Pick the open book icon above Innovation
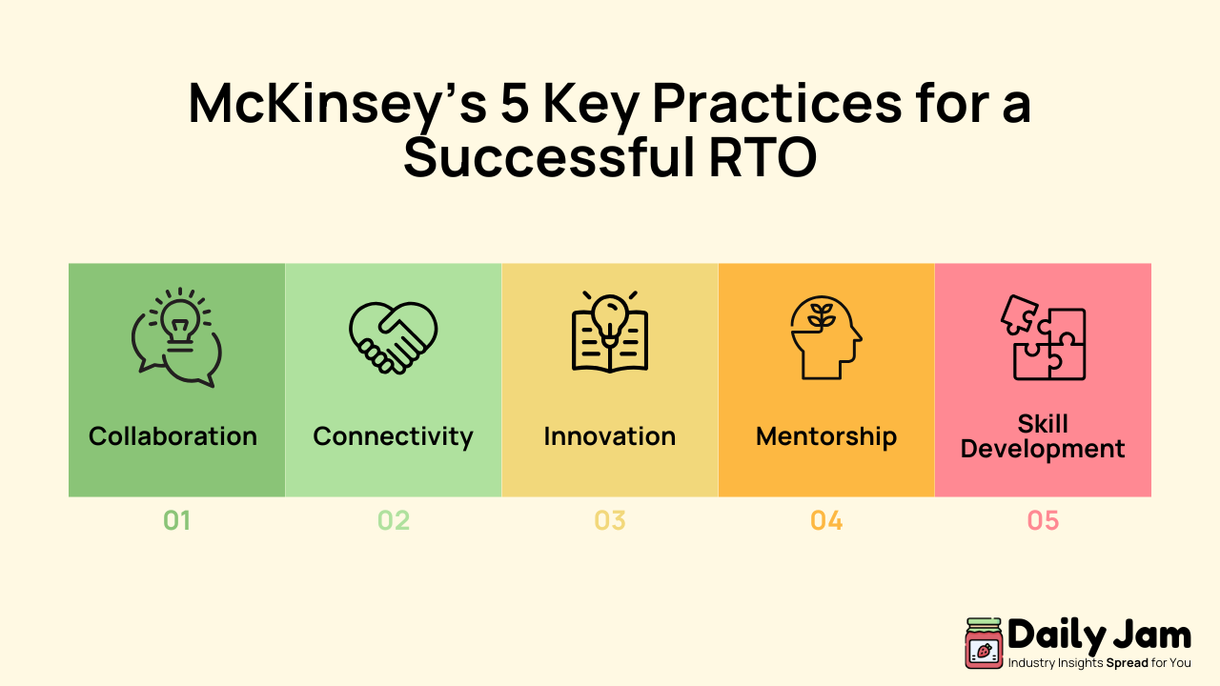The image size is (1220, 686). click(x=610, y=333)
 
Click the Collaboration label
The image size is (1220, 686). click(x=173, y=436)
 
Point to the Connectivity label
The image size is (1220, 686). click(x=393, y=436)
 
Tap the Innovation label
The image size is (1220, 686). click(x=610, y=436)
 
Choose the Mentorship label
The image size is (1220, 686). click(x=826, y=436)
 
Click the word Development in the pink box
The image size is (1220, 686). click(x=1043, y=449)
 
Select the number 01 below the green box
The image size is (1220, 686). click(x=176, y=521)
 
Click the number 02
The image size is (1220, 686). click(x=393, y=521)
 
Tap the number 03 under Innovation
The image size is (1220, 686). click(x=610, y=521)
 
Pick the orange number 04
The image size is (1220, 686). click(x=826, y=521)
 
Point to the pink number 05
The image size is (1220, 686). click(x=1043, y=521)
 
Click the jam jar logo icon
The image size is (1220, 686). click(x=984, y=643)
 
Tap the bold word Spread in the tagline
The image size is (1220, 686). click(x=1127, y=662)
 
